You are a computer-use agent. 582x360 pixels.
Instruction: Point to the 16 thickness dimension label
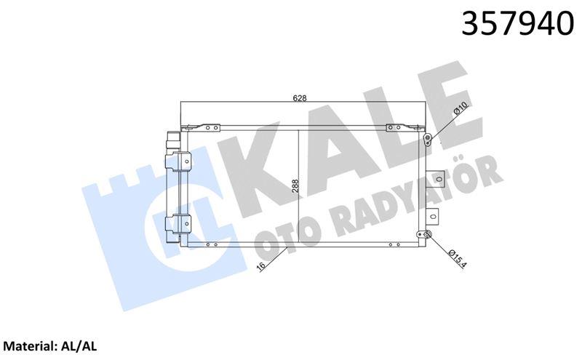pos(262,266)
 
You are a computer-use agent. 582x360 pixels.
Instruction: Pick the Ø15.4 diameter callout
pos(455,259)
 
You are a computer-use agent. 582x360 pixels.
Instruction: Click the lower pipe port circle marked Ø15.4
pos(428,234)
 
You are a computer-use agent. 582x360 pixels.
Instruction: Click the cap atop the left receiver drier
pos(172,137)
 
